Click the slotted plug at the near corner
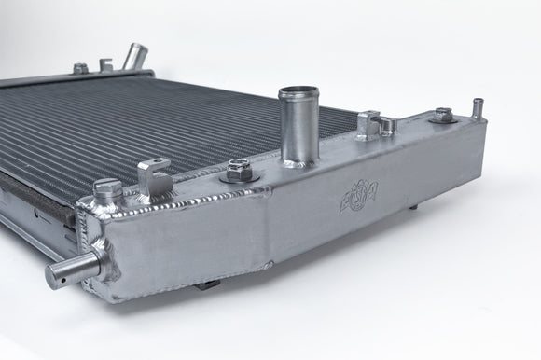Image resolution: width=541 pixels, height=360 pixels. click(106, 190)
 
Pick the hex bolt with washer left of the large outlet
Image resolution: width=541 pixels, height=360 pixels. click(237, 171)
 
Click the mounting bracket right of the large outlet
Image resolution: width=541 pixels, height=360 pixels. click(369, 122)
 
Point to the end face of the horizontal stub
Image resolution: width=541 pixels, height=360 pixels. click(51, 273)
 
